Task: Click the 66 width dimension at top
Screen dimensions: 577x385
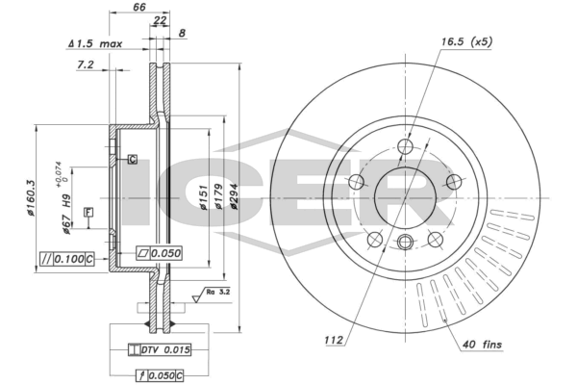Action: (x=139, y=7)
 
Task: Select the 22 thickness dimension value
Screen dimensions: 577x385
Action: (x=160, y=20)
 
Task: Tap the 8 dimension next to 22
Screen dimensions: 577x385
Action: (x=182, y=33)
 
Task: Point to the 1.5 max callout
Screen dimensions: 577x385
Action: (x=95, y=44)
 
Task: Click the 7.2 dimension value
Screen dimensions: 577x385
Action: (x=85, y=64)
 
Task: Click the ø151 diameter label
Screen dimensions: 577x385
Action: (x=204, y=197)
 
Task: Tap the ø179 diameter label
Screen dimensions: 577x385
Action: (x=218, y=196)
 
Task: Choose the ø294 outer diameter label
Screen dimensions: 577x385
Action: (x=234, y=196)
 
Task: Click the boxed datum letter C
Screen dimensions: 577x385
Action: (x=133, y=159)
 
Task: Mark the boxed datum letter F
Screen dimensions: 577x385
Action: (x=88, y=212)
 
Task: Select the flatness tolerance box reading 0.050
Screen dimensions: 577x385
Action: (x=159, y=253)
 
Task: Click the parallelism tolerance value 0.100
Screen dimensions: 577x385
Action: (x=69, y=259)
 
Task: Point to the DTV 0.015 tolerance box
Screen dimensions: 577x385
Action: (x=160, y=349)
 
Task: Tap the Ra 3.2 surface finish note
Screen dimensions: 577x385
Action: (x=218, y=293)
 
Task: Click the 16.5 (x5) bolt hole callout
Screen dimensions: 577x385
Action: (x=466, y=42)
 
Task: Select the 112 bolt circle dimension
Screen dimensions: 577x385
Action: (x=334, y=340)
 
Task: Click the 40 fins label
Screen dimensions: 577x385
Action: (x=482, y=345)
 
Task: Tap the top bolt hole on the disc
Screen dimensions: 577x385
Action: (x=405, y=146)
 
